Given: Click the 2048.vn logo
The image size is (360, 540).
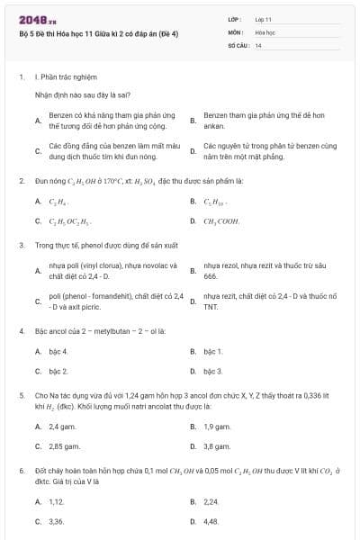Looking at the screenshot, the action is click(37, 18).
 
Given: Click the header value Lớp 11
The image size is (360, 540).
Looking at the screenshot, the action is click(263, 18).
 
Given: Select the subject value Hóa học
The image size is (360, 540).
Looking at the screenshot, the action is click(264, 31).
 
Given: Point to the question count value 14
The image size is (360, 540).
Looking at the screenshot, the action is click(258, 44).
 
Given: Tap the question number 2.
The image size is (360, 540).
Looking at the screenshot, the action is click(21, 181).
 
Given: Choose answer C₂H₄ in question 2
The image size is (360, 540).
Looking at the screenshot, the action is click(58, 201).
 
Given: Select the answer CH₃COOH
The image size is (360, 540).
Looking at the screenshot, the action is click(221, 220).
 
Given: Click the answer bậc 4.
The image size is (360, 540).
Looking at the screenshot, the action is click(58, 351).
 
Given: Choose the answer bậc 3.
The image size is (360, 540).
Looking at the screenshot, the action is click(212, 371).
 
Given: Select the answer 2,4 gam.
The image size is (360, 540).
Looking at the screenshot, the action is click(61, 426).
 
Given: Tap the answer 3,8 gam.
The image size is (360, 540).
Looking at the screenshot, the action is click(217, 445).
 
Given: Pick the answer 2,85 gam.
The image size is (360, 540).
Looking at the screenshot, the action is click(63, 445).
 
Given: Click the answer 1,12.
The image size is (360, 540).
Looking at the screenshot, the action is click(57, 501).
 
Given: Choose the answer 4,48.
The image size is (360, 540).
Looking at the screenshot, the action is click(211, 521).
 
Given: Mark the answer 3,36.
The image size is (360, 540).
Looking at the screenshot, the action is click(57, 521).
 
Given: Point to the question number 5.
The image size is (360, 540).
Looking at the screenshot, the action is click(21, 394).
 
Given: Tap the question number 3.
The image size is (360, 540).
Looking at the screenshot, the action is click(21, 244).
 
